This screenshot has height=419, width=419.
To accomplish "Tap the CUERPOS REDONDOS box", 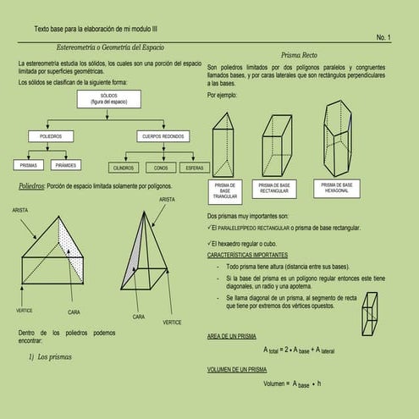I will pos(163,135).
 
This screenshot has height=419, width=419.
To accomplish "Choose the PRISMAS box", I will pos(29,165).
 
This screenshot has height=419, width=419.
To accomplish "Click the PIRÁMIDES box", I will pos(69,165).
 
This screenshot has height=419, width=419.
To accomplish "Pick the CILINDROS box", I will pos(123,168).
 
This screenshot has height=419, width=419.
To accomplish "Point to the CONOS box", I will pos(161,168).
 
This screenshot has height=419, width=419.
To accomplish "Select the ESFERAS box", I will pos(194,168).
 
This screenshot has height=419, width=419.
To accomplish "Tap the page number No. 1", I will pos(383,38).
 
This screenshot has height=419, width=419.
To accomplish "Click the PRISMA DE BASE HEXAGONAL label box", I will pos(337,188).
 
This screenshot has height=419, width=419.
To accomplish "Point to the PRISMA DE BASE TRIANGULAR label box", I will pos(224,191).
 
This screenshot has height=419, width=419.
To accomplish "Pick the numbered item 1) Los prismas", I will pos(50,357).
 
